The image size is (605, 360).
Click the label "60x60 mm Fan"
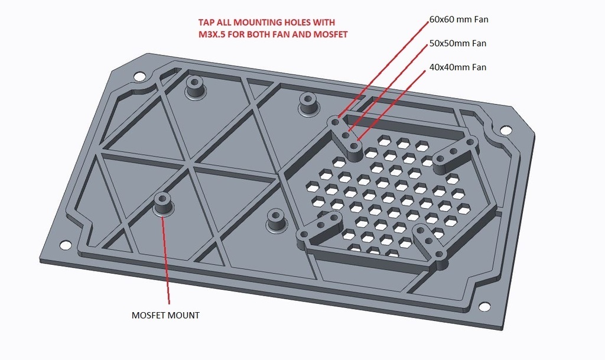tap(458, 20)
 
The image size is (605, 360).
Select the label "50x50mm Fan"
tap(458, 43)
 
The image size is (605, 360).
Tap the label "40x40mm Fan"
tap(458, 67)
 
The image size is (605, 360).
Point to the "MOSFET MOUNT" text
tap(165, 315)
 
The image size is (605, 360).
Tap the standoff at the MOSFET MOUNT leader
tap(162, 204)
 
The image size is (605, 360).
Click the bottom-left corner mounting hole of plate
tap(65, 245)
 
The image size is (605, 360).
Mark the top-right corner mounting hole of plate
tap(504, 131)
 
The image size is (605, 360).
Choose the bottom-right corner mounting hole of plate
tap(483, 307)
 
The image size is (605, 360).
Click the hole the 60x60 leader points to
tap(336, 122)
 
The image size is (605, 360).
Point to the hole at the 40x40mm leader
tap(354, 146)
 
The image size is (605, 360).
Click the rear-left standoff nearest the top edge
tap(194, 87)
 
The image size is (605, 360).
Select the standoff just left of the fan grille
tap(308, 103)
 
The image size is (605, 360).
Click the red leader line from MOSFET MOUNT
tap(166, 260)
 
